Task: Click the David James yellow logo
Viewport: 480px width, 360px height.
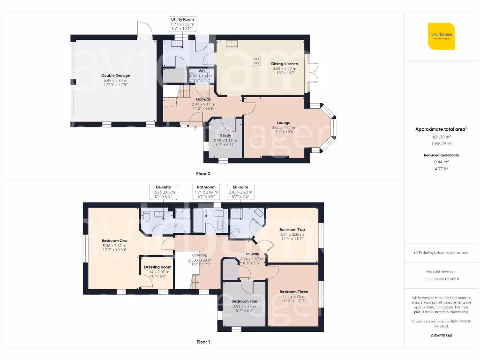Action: pos(441,36)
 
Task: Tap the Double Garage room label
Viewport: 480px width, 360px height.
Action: pos(115,75)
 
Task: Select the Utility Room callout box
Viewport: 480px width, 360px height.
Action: pos(182,24)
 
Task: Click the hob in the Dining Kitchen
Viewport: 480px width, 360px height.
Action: pos(256,60)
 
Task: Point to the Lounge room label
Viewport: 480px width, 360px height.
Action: pos(283,123)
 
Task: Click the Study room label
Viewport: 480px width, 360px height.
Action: pos(225,136)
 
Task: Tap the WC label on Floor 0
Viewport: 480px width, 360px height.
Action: pos(202,71)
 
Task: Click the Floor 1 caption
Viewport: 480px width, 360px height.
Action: pos(203,342)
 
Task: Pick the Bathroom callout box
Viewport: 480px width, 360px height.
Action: pos(206,192)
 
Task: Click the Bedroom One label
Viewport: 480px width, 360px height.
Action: pos(114,240)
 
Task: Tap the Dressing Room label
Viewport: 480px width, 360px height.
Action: pos(158,267)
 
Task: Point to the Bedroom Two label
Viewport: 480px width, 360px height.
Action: pos(292,229)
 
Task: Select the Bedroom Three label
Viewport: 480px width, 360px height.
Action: pos(294,292)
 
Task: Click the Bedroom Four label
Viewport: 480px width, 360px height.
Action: pos(244,301)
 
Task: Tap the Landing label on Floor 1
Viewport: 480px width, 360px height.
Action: pos(200,255)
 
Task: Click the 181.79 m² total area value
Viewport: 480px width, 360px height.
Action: pos(441,137)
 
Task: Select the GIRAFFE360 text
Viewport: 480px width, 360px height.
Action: pos(441,336)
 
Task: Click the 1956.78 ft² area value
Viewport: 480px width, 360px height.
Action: pos(441,144)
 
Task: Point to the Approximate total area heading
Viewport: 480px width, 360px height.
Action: pos(441,129)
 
